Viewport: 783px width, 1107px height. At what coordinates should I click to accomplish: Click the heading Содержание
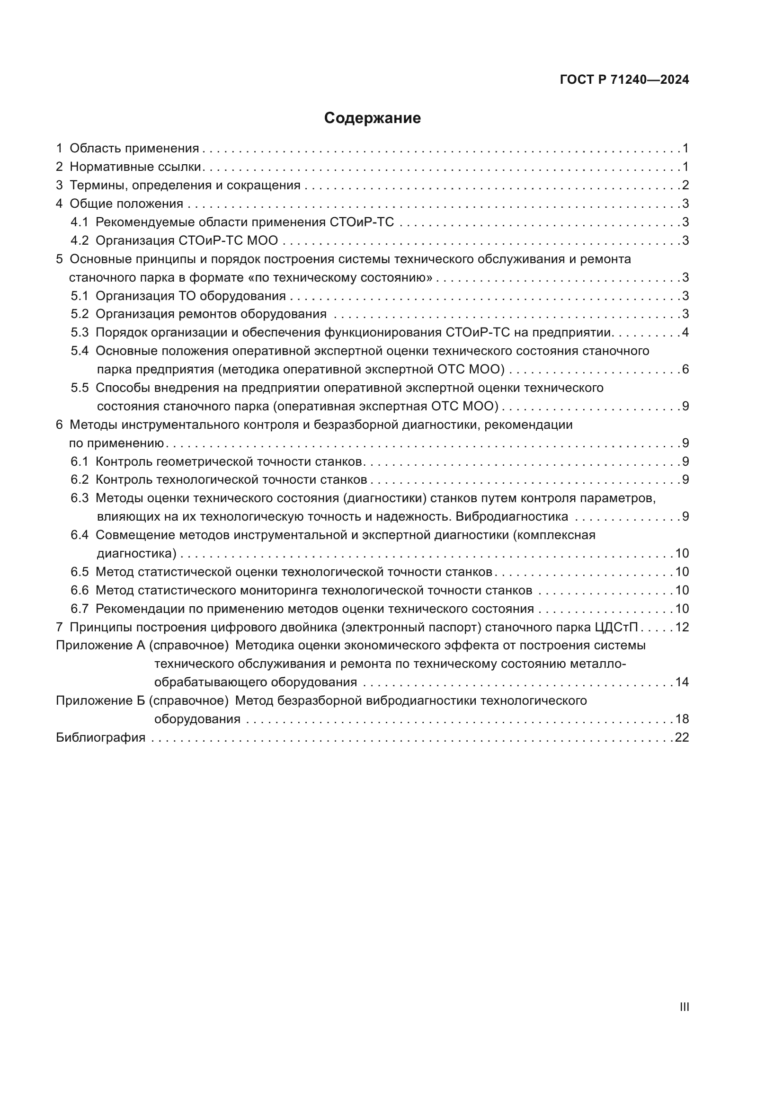(x=372, y=118)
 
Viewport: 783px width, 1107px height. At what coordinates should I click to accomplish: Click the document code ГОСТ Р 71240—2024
(x=624, y=80)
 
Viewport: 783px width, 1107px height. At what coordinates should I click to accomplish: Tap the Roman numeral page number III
(x=684, y=1007)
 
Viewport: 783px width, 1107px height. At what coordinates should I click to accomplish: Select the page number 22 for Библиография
(x=681, y=737)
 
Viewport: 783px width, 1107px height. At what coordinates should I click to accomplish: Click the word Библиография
(x=100, y=738)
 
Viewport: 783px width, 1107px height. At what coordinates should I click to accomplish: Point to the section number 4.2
(x=80, y=240)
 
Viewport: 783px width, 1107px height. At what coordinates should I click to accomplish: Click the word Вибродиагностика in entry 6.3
(x=512, y=516)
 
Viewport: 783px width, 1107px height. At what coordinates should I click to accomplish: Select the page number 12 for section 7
(x=681, y=627)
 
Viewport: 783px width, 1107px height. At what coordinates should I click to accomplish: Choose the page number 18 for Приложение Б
(x=681, y=719)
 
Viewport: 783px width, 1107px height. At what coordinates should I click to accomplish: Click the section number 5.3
(x=80, y=332)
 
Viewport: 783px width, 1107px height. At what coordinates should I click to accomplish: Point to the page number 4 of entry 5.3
(x=685, y=332)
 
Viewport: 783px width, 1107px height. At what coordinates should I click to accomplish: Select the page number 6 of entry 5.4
(x=685, y=369)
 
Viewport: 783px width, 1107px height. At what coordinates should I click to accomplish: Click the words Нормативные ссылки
(x=135, y=167)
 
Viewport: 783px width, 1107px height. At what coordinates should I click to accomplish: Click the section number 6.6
(x=80, y=590)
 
